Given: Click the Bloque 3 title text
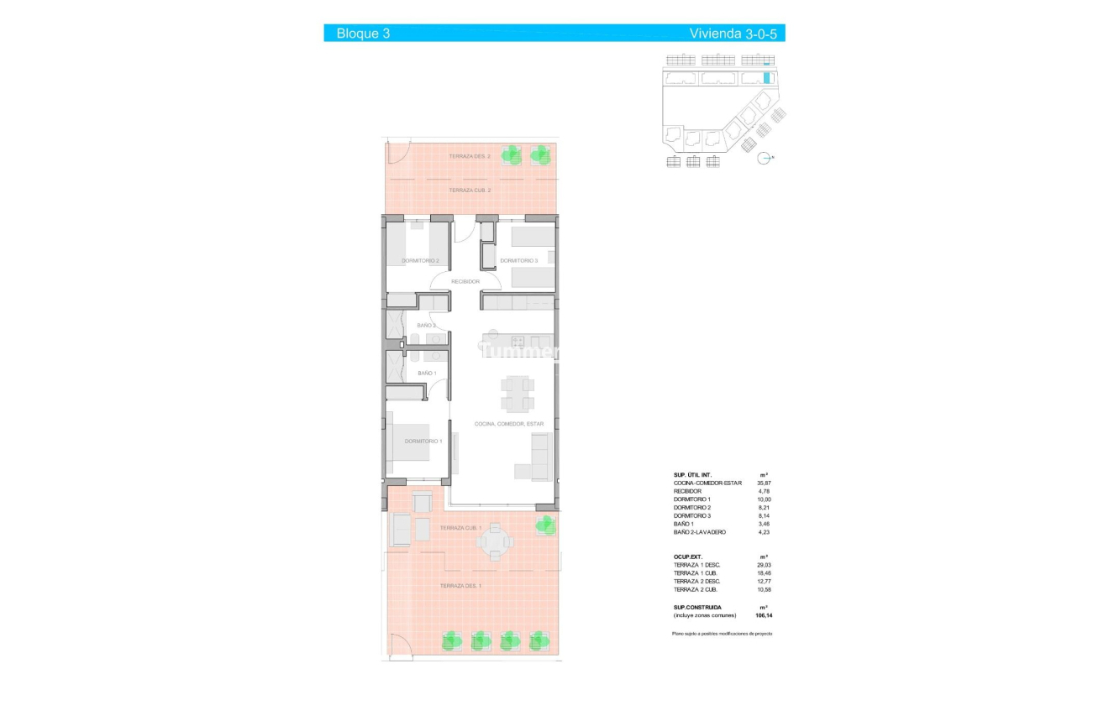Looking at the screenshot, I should (363, 34).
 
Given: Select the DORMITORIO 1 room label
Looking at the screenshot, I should (423, 441).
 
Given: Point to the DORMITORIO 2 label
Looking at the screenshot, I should (420, 261).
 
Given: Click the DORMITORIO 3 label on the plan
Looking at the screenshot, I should (518, 261).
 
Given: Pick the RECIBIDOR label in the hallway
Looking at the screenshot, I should (465, 281).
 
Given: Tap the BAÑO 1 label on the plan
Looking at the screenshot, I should (427, 373).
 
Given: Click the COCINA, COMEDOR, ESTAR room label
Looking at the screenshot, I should (509, 424).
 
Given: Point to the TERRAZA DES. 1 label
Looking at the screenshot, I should (460, 585).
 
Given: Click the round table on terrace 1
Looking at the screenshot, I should (495, 542).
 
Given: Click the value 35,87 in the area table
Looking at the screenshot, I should (764, 483).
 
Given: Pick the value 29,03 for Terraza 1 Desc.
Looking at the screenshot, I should (764, 566).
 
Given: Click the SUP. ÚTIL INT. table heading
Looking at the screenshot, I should (693, 475).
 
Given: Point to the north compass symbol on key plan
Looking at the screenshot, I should (765, 157).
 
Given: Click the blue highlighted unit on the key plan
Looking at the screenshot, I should (767, 79).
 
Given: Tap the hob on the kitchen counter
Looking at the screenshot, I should (518, 342).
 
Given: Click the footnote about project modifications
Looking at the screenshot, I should (721, 633).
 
